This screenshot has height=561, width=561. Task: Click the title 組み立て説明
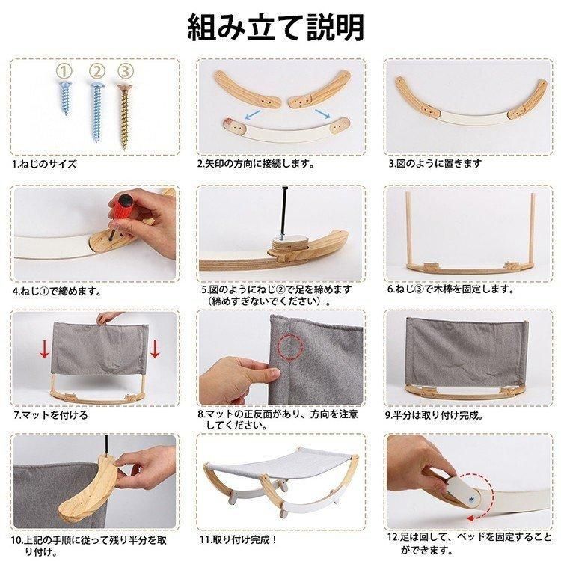(x=276, y=28)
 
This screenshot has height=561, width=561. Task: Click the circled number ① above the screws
(x=64, y=72)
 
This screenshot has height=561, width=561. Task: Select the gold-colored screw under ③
(x=124, y=115)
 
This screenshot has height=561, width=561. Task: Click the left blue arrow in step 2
(x=253, y=115)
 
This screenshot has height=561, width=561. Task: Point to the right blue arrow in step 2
(x=322, y=114)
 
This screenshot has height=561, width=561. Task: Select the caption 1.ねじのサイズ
(x=45, y=165)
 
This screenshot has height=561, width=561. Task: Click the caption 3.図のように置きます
(x=435, y=164)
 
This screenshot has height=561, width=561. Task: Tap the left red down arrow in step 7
(x=45, y=349)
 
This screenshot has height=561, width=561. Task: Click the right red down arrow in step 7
(x=155, y=349)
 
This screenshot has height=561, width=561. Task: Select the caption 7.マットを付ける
(x=50, y=415)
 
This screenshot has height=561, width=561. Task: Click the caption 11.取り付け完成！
(x=239, y=539)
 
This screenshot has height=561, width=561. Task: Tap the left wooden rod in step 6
(x=408, y=228)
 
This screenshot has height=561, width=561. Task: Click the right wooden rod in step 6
(x=532, y=228)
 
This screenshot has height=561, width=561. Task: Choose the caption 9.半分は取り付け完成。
(x=435, y=415)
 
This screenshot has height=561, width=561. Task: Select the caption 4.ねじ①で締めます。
(x=57, y=291)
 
